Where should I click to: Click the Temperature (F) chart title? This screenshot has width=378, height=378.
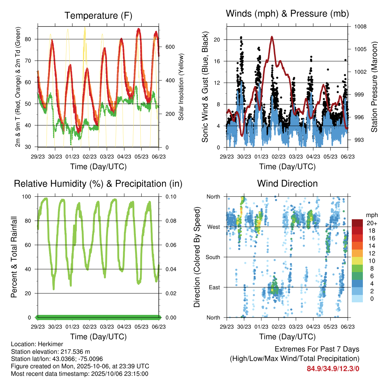(98, 16)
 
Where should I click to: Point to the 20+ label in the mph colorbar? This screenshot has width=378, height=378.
(371, 223)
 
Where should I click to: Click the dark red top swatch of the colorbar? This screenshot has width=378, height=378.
(357, 223)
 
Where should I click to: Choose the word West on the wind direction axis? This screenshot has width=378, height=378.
(213, 227)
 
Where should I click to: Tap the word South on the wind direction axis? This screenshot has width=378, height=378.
(212, 257)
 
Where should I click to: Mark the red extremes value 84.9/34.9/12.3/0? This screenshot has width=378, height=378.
(333, 368)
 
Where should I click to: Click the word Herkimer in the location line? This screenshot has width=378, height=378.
(45, 344)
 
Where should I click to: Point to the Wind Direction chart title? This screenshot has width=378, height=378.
(287, 183)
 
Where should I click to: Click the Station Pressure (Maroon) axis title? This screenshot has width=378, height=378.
(374, 87)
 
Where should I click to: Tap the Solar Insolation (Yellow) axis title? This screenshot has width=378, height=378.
(181, 87)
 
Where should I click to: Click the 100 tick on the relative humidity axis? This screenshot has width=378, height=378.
(30, 196)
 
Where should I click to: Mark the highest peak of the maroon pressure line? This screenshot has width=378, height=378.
(272, 37)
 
